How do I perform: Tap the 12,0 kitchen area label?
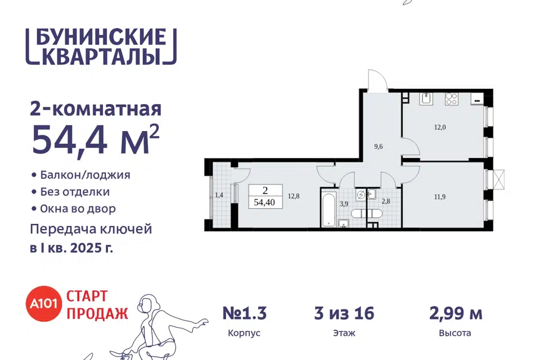tap(440, 127)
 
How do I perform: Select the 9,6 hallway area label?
tap(379, 146)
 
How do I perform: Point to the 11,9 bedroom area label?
tap(440, 197)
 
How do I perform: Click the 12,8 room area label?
tap(294, 196)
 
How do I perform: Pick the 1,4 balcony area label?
tap(219, 195)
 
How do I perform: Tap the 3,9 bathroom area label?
tap(344, 204)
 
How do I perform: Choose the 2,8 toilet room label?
tap(386, 201)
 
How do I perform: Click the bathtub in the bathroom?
tap(329, 210)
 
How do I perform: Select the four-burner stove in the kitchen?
tap(451, 99)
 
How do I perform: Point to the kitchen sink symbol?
tap(426, 98)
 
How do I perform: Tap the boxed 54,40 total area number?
tap(264, 202)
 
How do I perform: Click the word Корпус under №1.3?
tap(244, 334)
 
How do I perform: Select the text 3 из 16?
tap(344, 313)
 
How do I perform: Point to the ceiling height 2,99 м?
tap(456, 313)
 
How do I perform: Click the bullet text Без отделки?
tap(75, 192)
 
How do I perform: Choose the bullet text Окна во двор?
tap(78, 209)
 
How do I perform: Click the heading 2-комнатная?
tap(96, 110)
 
